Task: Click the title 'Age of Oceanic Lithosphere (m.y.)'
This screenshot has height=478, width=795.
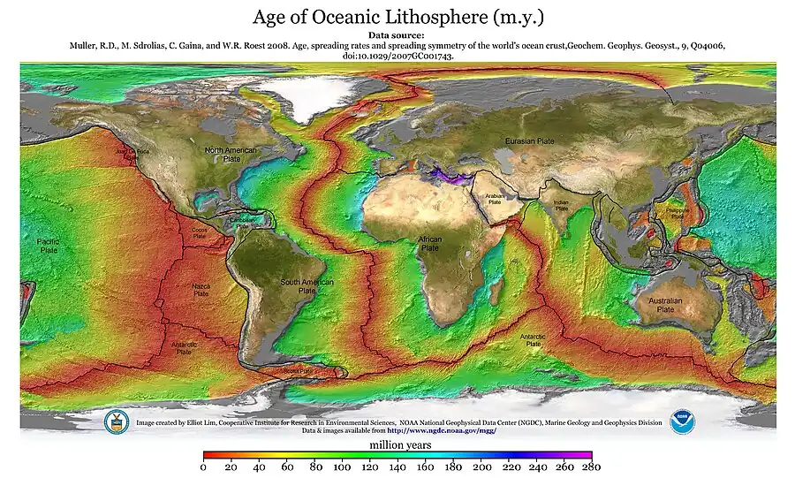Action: (x=397, y=17)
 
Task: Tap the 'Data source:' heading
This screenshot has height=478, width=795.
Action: (x=397, y=35)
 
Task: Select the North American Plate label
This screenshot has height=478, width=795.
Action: (x=231, y=155)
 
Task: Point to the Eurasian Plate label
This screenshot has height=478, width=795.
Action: (x=529, y=140)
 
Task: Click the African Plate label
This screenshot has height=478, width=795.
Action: (x=429, y=244)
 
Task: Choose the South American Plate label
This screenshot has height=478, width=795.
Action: (x=307, y=285)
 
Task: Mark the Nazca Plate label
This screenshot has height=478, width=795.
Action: (x=201, y=290)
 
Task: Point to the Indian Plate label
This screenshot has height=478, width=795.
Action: (x=561, y=205)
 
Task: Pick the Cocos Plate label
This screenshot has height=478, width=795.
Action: (x=200, y=234)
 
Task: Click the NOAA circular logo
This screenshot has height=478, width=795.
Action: (x=682, y=421)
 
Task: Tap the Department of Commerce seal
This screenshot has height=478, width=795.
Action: (x=117, y=421)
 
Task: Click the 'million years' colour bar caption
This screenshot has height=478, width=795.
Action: (x=399, y=445)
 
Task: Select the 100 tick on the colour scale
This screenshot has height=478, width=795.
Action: (x=342, y=467)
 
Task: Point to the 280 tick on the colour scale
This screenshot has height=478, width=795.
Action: (x=592, y=467)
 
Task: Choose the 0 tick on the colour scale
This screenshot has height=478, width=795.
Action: (x=203, y=467)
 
